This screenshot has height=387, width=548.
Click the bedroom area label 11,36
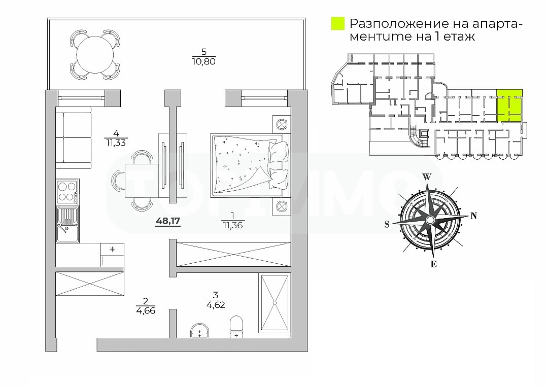(232, 225)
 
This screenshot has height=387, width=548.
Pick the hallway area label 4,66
(145, 310)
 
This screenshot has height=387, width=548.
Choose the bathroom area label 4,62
(215, 305)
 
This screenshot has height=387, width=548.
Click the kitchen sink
(66, 223)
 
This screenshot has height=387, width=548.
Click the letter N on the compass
(474, 216)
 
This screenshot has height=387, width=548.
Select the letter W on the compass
(427, 177)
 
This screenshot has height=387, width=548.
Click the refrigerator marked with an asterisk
(112, 255)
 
